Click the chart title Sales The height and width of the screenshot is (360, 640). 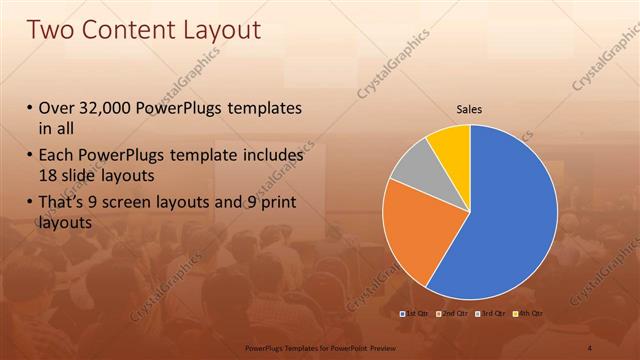tap(470, 109)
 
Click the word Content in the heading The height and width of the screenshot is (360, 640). tap(128, 31)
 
